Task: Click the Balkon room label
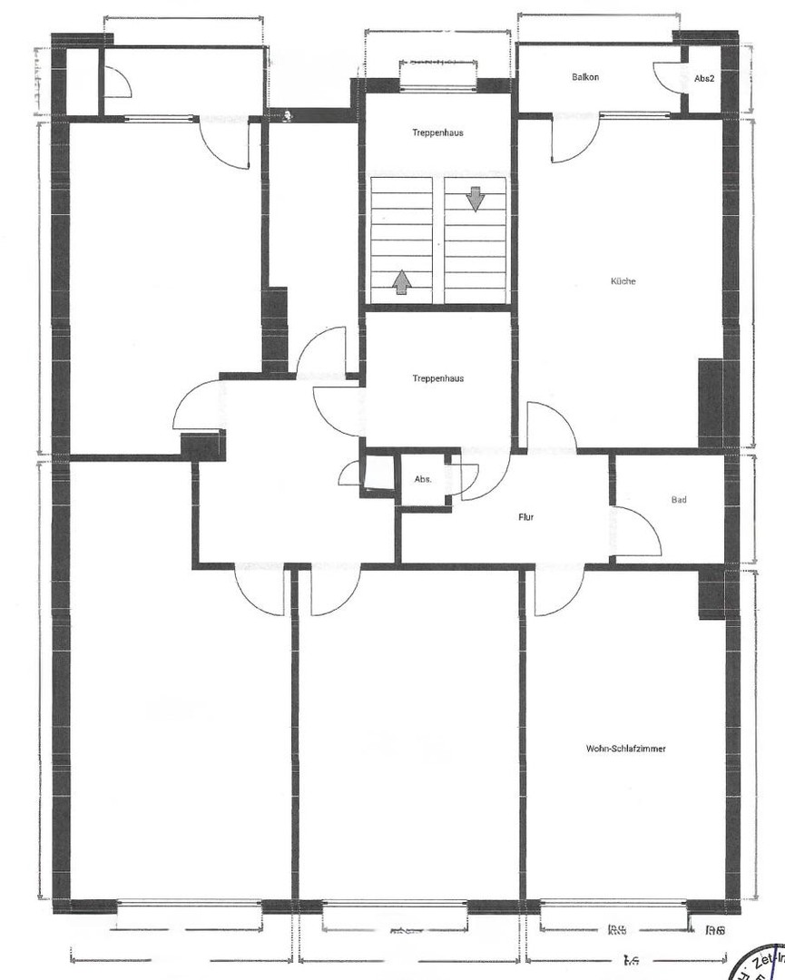point(585,78)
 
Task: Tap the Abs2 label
point(704,79)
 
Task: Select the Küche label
point(623,281)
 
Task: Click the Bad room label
point(679,500)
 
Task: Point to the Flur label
point(525,517)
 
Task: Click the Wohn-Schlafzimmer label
point(627,750)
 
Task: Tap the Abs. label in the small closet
point(423,478)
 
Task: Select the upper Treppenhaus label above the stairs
point(438,132)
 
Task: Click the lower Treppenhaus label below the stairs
point(437,378)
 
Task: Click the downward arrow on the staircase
point(476,198)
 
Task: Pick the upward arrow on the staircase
point(402,281)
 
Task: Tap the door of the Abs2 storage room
point(669,78)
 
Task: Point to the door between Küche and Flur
point(550,426)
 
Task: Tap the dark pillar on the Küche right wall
point(711,403)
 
